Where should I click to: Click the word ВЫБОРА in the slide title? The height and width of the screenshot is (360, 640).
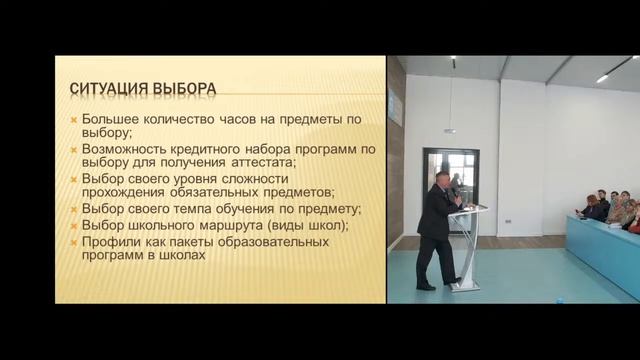coord(182,88)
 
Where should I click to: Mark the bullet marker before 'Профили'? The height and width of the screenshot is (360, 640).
coord(74,240)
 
